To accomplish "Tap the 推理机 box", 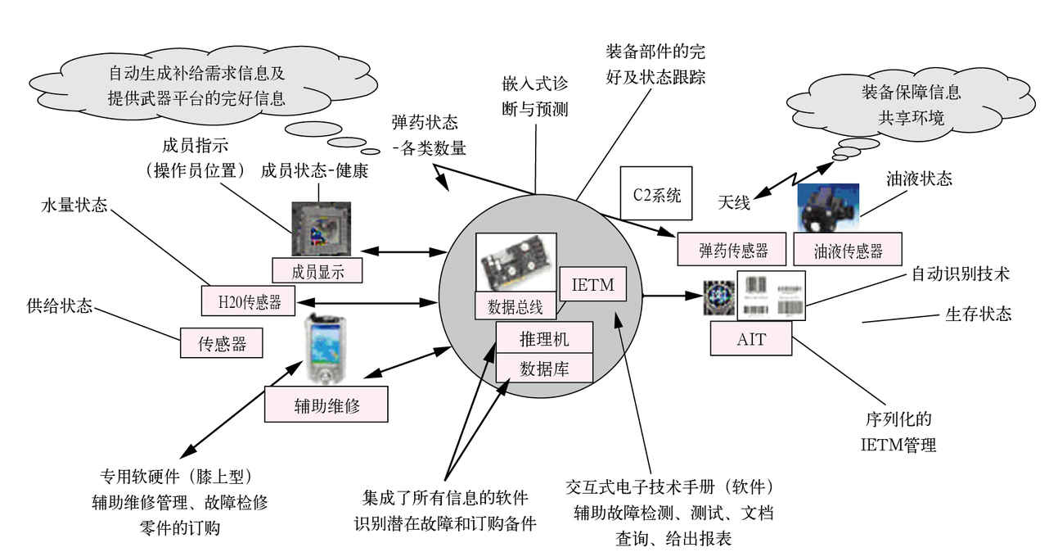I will pos(544,337).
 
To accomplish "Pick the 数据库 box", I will pos(544,369).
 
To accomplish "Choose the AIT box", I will pos(751,338).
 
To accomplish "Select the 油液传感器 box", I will pos(848,251).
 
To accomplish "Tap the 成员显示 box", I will pos(317,270).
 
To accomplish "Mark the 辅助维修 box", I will pos(326,404).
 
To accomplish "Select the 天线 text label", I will pos(734,201).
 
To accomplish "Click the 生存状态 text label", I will pos(979,314).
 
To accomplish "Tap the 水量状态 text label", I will pos(74,206).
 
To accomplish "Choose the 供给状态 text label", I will pos(59,307).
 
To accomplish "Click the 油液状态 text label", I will pos(920,178).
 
